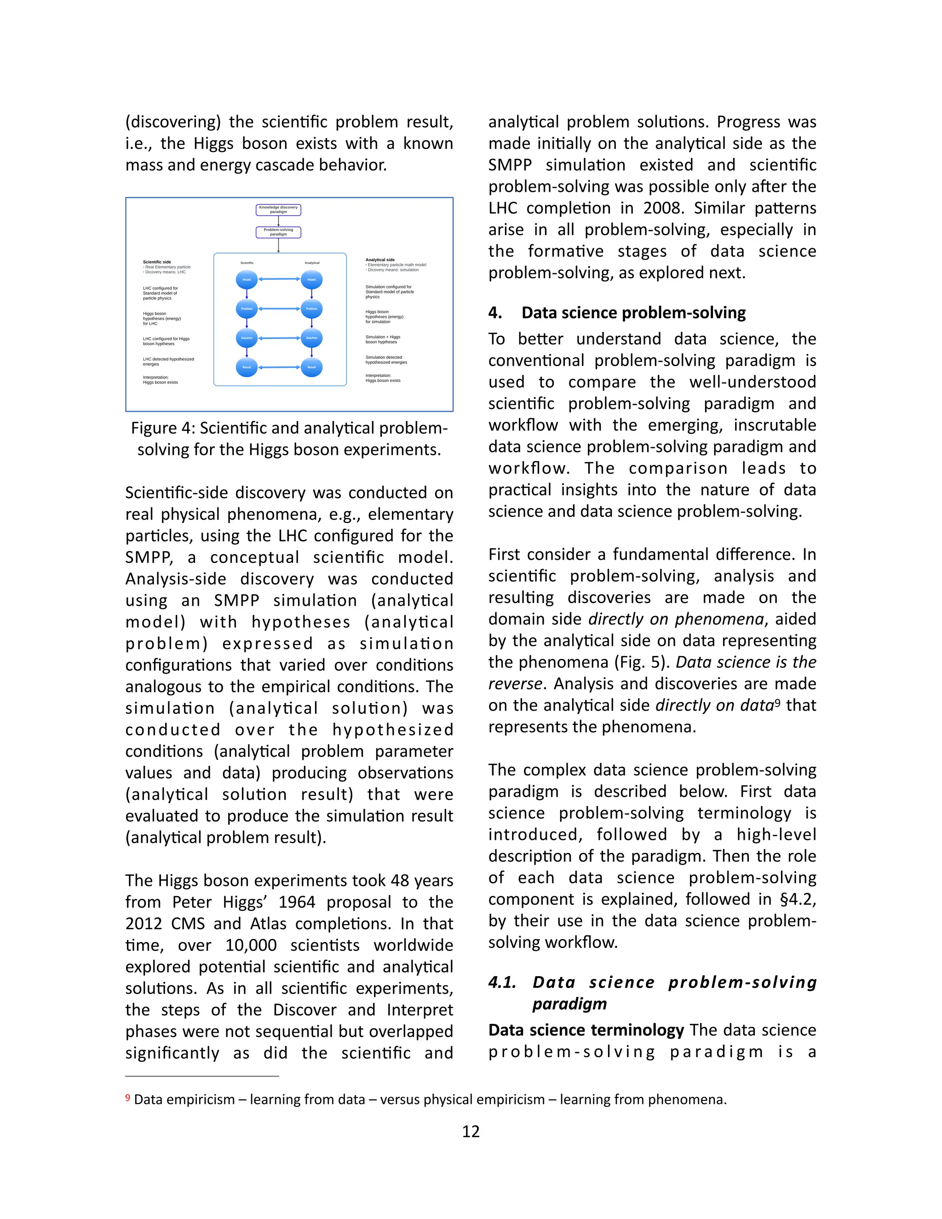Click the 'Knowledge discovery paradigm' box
click(x=278, y=209)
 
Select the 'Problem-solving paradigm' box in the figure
click(x=278, y=232)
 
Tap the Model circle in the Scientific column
click(x=247, y=280)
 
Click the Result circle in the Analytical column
click(x=311, y=367)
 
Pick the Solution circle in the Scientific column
click(x=247, y=338)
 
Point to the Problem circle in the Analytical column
click(x=311, y=309)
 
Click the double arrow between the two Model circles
click(x=279, y=279)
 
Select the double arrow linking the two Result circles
click(x=279, y=367)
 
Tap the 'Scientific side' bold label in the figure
click(x=157, y=262)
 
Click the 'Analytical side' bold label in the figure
click(x=380, y=259)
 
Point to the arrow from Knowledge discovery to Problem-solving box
click(x=278, y=221)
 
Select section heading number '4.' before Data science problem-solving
click(x=495, y=312)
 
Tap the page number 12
click(x=471, y=1132)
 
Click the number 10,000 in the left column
click(x=251, y=945)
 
